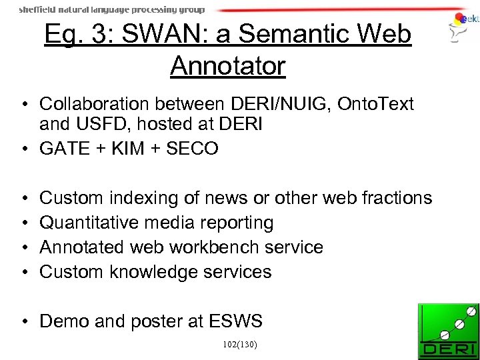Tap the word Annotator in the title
pyautogui.click(x=228, y=65)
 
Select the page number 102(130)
pyautogui.click(x=241, y=345)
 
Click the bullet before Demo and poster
pyautogui.click(x=23, y=321)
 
